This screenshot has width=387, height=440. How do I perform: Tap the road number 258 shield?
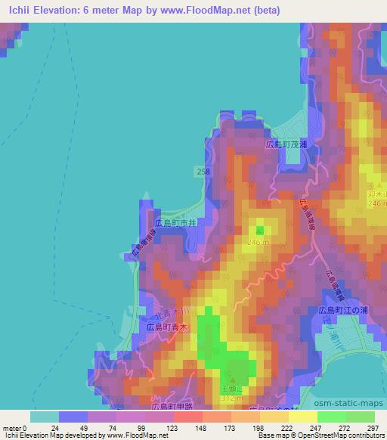click(202, 172)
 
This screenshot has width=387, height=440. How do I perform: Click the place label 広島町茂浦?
click(286, 143)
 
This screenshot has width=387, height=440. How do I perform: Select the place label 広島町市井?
click(176, 224)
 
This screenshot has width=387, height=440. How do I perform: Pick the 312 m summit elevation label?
click(231, 397)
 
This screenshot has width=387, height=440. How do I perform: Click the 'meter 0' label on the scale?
click(14, 427)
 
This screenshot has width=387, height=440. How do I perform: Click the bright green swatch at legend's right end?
click(361, 417)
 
